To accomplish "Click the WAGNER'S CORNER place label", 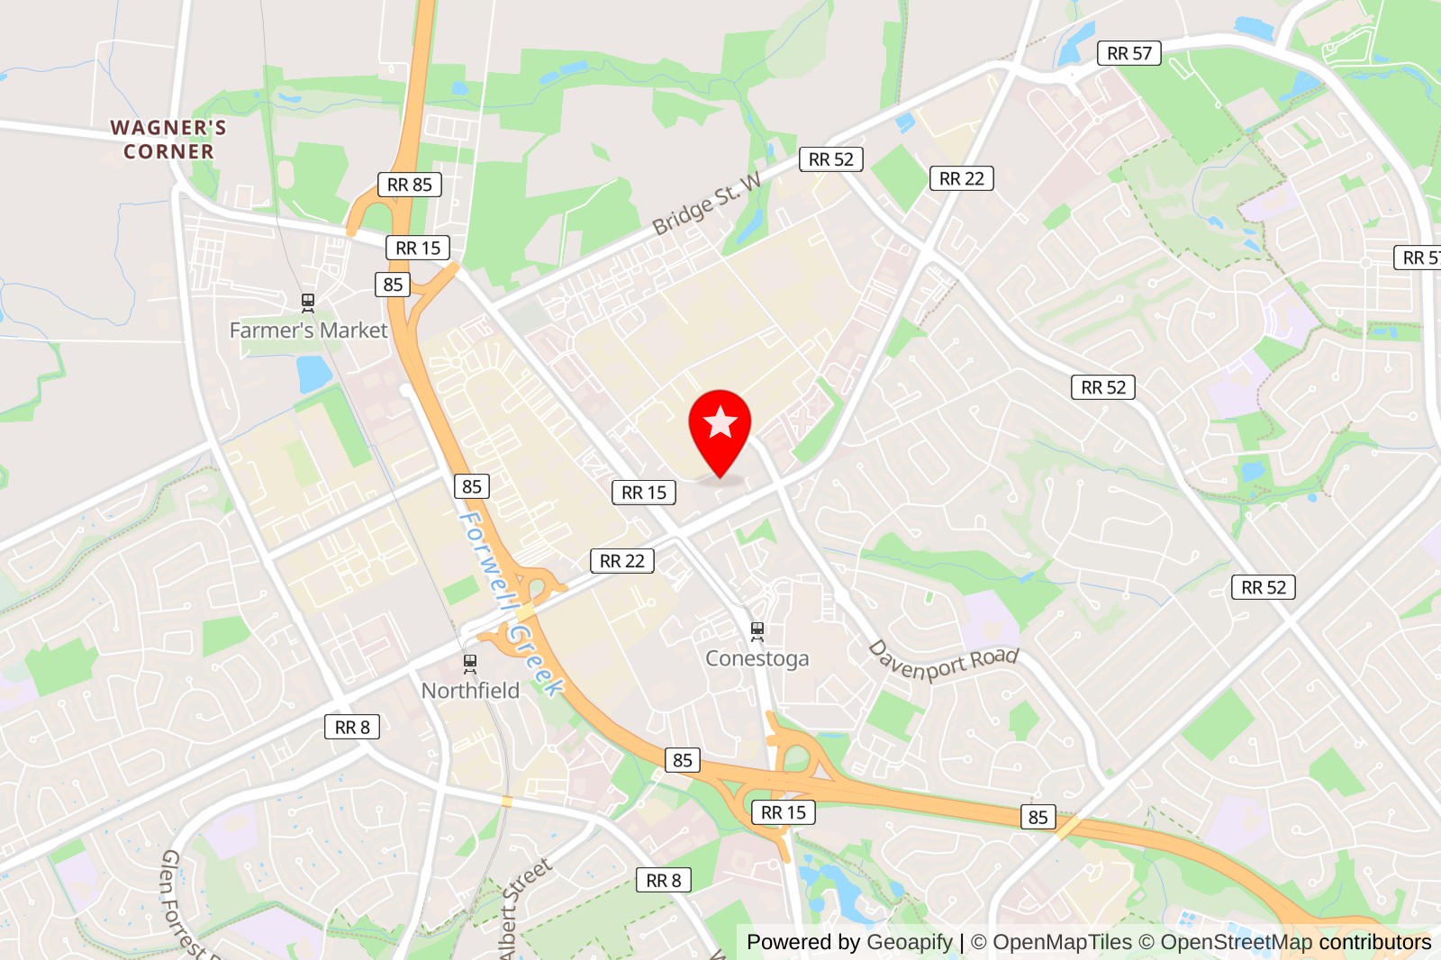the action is click(168, 140).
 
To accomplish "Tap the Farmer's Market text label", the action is click(308, 331).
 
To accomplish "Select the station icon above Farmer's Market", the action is click(308, 302).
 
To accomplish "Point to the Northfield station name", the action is click(470, 691).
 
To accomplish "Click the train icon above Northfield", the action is click(470, 664).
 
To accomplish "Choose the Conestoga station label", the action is click(757, 658).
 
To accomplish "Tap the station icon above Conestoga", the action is click(757, 631).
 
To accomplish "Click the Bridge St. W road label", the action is click(707, 204).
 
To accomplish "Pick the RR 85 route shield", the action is click(410, 185).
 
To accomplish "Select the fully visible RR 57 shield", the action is click(1129, 53).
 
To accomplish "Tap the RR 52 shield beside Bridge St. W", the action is click(830, 159).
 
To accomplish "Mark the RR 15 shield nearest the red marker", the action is click(644, 493).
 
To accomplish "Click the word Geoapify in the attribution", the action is click(909, 942).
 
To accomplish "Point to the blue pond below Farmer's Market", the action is click(313, 373).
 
